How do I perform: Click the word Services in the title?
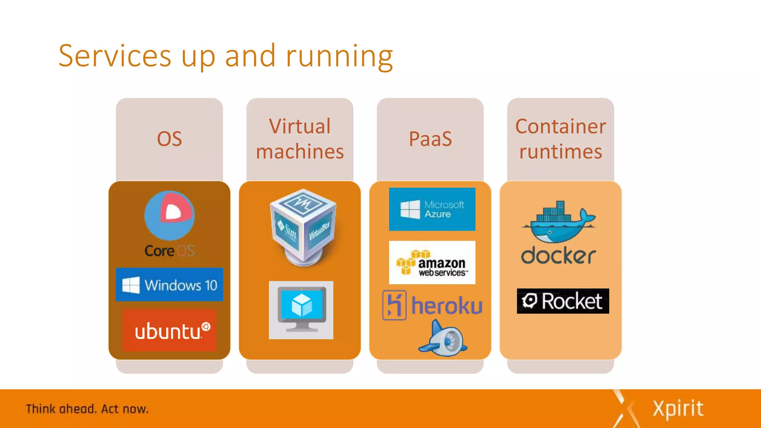tap(114, 56)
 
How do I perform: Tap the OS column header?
tap(169, 139)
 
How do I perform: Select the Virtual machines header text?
tap(299, 139)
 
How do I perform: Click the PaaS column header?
tap(430, 139)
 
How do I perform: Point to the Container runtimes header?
tap(560, 139)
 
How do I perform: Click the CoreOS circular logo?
tap(169, 215)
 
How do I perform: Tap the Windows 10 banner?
tap(169, 285)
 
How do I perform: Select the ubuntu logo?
tap(169, 330)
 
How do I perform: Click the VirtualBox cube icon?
tap(303, 227)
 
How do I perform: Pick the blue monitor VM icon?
tap(301, 309)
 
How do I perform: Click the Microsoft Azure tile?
tap(432, 209)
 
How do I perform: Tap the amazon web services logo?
tap(432, 263)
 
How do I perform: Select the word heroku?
tap(447, 306)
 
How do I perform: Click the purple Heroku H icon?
tap(394, 305)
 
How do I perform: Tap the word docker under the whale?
tap(558, 256)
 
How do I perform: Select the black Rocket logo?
tap(563, 301)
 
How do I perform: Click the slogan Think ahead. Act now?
tap(87, 409)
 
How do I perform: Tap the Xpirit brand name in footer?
tap(678, 409)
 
